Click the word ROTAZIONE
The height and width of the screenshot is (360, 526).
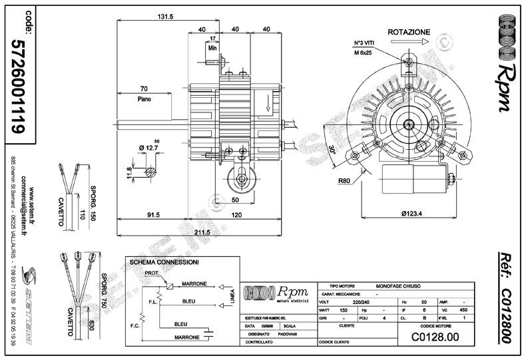pos(409,31)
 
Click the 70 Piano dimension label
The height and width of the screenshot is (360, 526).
pos(144,92)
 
